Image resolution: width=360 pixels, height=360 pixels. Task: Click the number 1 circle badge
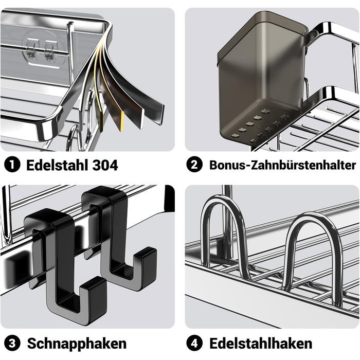point(12,165)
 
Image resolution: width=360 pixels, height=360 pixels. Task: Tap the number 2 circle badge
point(194,165)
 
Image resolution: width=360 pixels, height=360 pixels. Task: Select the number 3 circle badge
point(12,343)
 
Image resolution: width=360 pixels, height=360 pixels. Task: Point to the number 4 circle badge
point(194,343)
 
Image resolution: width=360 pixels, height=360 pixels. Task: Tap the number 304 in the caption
point(105,165)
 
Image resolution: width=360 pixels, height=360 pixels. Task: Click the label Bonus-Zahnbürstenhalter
point(282,165)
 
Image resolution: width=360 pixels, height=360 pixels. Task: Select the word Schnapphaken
point(77,344)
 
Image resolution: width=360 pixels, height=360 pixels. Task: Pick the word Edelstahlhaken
point(261,344)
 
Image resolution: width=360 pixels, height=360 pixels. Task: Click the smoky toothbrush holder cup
point(262,78)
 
